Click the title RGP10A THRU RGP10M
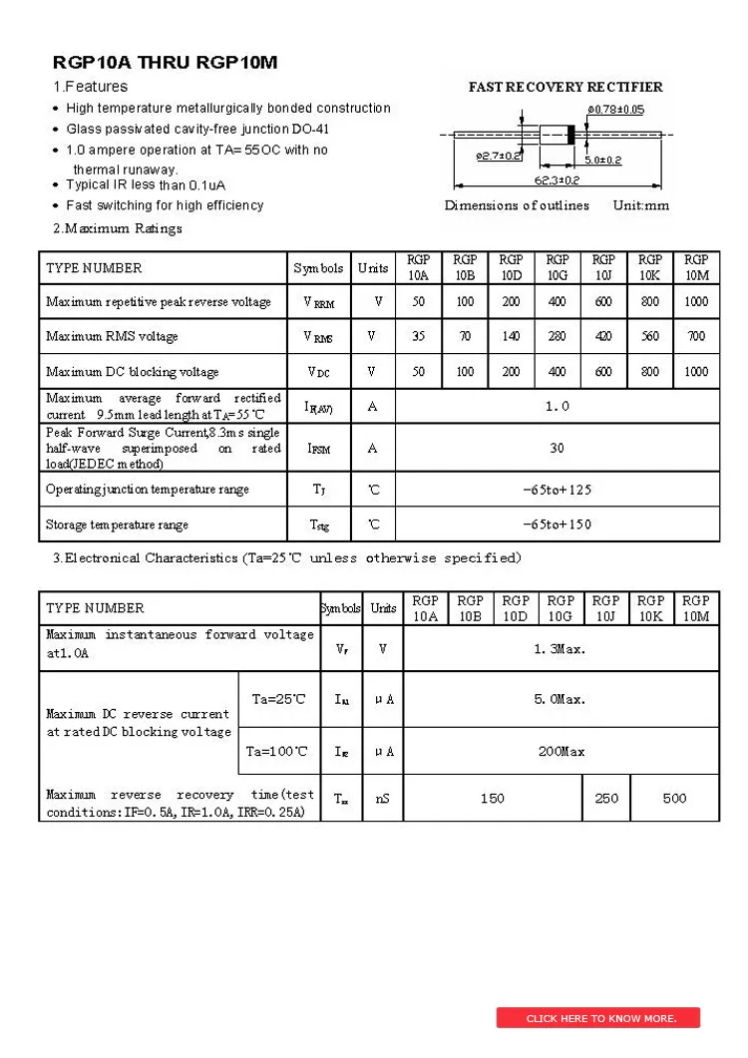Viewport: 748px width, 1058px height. point(166,63)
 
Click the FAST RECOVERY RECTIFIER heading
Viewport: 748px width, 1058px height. point(565,87)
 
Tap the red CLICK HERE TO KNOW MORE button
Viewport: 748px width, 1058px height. point(598,1018)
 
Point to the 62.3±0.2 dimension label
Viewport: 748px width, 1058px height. point(557,180)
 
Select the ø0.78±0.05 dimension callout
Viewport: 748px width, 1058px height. point(615,109)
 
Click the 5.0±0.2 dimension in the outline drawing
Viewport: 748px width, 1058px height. point(602,160)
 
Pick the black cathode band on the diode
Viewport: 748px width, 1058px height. point(570,134)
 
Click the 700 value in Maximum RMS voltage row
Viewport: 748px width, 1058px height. point(696,337)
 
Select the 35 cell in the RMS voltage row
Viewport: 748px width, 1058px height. point(418,337)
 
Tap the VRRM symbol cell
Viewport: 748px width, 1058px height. point(319,302)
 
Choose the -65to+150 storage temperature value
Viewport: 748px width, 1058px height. point(557,525)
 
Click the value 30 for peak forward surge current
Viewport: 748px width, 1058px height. point(557,448)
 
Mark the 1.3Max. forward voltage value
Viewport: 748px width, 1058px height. point(560,649)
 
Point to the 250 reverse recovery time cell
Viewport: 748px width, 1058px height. point(606,798)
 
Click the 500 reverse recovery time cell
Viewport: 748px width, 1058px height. point(674,798)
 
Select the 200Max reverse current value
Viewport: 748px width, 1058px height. point(561,751)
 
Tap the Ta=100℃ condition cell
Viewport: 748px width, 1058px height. point(277,751)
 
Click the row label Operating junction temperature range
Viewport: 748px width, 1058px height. point(148,490)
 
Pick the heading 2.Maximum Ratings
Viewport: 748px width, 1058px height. point(118,228)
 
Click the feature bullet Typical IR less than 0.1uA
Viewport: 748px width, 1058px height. point(146,185)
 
